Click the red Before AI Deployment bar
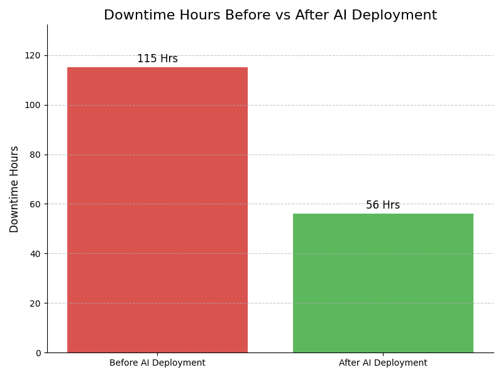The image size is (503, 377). pyautogui.click(x=157, y=210)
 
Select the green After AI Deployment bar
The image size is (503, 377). pyautogui.click(x=383, y=283)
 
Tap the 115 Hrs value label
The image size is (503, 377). pyautogui.click(x=157, y=59)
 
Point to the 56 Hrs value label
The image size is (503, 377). pyautogui.click(x=383, y=205)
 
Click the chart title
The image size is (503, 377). pyautogui.click(x=270, y=15)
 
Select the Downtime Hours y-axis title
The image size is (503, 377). pyautogui.click(x=14, y=189)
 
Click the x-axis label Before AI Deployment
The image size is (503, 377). pyautogui.click(x=157, y=363)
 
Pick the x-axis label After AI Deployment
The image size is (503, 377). pyautogui.click(x=383, y=363)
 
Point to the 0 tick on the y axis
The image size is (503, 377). pyautogui.click(x=38, y=353)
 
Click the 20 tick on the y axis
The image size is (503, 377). pyautogui.click(x=35, y=303)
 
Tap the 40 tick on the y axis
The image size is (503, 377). pyautogui.click(x=35, y=254)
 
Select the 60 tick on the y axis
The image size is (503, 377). pyautogui.click(x=35, y=204)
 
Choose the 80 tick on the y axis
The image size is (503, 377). pyautogui.click(x=35, y=155)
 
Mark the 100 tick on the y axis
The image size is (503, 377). pyautogui.click(x=33, y=105)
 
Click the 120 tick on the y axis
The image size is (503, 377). pyautogui.click(x=33, y=55)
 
